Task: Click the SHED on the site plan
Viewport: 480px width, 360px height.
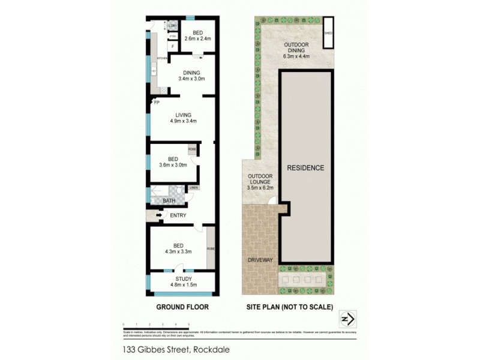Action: click(x=328, y=34)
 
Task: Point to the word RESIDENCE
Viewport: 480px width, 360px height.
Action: click(x=305, y=168)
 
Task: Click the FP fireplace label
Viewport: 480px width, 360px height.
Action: click(x=157, y=103)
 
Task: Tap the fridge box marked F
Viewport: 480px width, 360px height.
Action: click(x=173, y=46)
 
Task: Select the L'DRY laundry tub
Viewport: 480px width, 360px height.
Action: click(x=172, y=26)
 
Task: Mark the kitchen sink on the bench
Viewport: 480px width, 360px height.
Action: click(x=154, y=71)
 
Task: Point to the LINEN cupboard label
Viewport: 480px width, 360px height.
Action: click(x=193, y=188)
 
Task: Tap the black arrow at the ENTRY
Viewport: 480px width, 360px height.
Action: click(x=159, y=215)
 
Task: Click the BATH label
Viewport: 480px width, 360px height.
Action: click(x=169, y=201)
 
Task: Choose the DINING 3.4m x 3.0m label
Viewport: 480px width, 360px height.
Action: click(x=191, y=75)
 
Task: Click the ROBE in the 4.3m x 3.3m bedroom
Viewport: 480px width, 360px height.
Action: click(x=211, y=248)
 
